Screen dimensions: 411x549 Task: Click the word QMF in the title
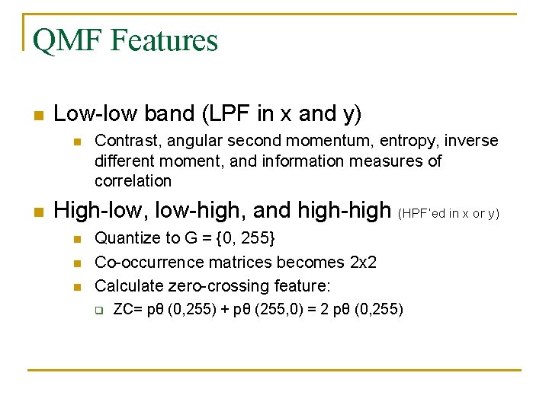[68, 40]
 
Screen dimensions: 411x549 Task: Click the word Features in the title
[164, 40]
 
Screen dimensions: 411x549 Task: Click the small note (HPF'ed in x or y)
[448, 213]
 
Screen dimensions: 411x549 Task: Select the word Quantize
[124, 238]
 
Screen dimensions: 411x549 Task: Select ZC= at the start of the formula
[127, 309]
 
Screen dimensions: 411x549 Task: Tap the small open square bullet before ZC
[99, 310]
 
